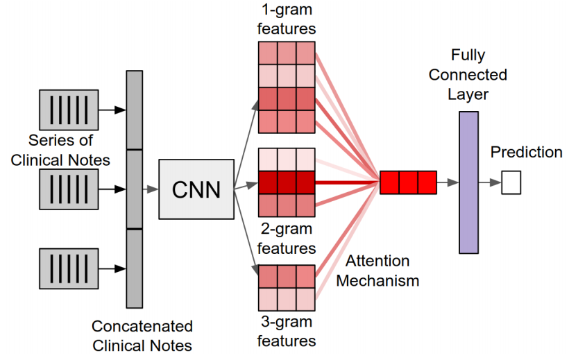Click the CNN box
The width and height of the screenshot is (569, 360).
coord(196,188)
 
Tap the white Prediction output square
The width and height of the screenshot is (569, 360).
coord(511,183)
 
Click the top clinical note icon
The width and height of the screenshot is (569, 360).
coord(63,110)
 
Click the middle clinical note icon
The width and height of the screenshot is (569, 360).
coord(63,188)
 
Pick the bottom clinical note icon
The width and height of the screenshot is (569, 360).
coord(63,268)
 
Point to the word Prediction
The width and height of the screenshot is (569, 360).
coord(526,152)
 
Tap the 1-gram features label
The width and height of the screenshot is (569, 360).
coord(287,20)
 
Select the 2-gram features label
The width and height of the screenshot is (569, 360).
coord(287,239)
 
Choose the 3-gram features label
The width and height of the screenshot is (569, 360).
coord(287,332)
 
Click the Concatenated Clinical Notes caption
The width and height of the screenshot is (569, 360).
coord(142,334)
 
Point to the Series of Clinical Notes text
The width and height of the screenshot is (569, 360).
coord(69,150)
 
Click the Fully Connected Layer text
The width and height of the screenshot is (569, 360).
coord(469,74)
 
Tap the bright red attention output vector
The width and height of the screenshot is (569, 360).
coord(408,182)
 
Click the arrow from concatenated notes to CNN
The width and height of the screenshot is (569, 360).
coord(150,188)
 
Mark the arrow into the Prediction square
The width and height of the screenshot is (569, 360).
coord(493,183)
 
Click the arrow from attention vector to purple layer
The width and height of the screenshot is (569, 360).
coord(448,182)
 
